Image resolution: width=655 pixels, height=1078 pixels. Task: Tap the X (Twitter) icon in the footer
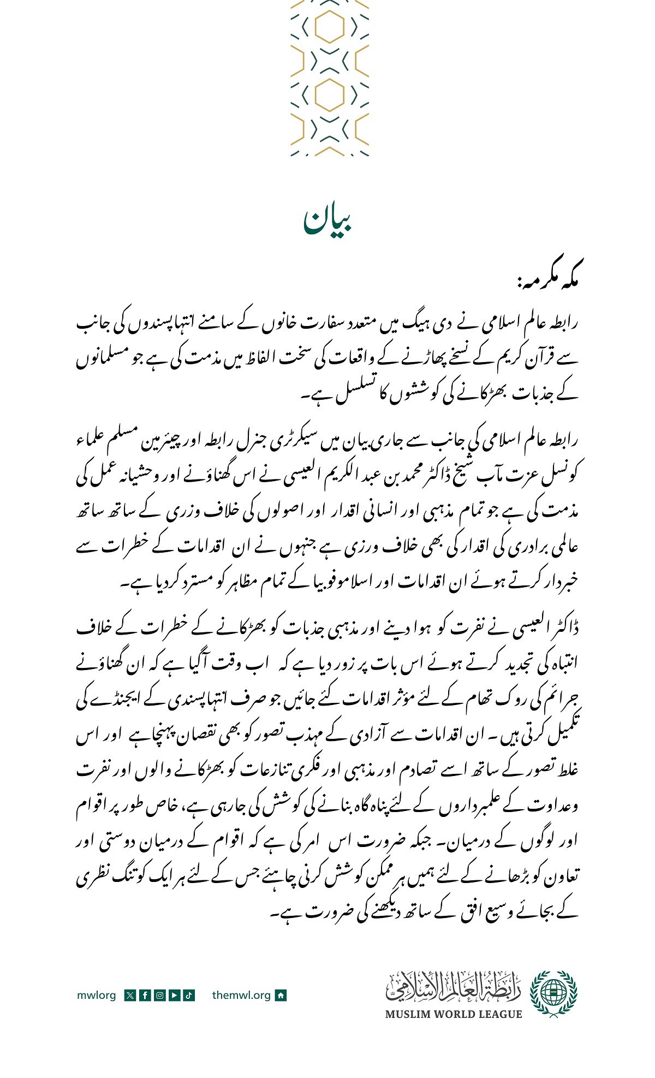coord(130,995)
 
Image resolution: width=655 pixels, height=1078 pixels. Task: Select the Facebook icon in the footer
coord(145,995)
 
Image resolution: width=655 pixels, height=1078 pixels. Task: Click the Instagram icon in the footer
coord(159,995)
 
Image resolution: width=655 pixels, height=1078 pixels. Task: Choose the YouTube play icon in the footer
coord(174,995)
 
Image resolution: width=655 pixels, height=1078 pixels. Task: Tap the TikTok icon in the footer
coord(189,995)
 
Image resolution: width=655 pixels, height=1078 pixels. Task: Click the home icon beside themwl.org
coord(281,995)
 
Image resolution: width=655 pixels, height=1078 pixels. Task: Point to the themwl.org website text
coord(241,995)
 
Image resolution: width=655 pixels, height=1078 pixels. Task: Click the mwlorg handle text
coord(97,995)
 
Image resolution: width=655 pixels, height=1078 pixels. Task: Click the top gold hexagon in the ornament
coord(330,27)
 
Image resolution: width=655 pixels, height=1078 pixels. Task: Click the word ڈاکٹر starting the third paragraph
coord(562,629)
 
